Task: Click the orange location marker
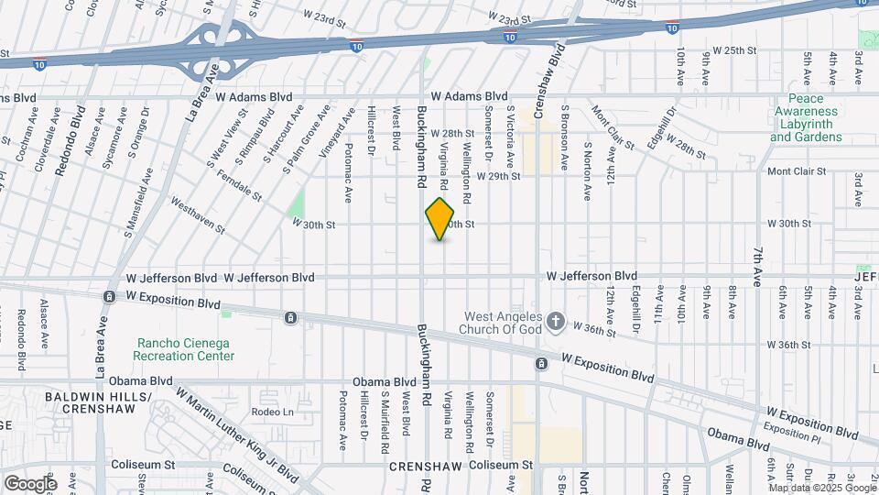(440, 219)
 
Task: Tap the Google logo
(30, 483)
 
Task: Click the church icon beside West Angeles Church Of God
(555, 321)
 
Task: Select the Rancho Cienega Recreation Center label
(181, 348)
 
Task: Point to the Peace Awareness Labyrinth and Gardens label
(806, 117)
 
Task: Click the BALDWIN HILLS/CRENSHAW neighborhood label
(98, 403)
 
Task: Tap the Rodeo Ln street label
(269, 412)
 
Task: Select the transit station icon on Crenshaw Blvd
(542, 364)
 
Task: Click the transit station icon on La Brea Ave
(109, 296)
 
